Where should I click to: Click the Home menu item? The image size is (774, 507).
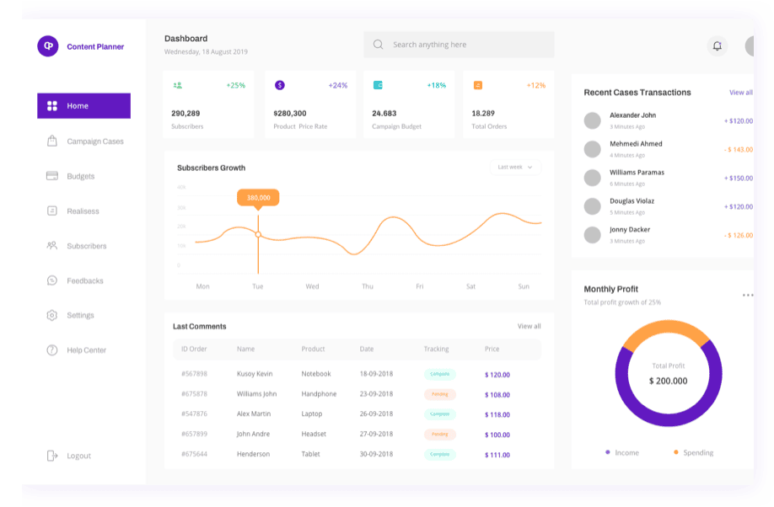83,106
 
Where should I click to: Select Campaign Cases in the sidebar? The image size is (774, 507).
94,141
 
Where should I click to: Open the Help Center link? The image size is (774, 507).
86,350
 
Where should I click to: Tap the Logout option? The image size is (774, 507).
78,456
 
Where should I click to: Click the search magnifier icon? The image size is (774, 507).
378,45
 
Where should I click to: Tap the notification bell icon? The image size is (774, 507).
717,46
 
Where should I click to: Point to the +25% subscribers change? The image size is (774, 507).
235,85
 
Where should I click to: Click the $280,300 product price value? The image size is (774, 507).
290,113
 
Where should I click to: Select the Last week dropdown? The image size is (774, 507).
515,167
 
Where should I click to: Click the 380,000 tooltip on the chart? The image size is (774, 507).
258,197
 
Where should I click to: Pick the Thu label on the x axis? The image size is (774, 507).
368,286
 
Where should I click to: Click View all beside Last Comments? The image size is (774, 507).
529,326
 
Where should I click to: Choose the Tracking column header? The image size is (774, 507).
436,349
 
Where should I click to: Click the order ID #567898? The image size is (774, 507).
194,374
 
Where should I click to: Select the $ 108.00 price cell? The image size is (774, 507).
497,394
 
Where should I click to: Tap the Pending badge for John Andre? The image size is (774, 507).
439,435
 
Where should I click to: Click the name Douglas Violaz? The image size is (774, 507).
632,201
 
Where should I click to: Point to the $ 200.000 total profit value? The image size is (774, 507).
668,381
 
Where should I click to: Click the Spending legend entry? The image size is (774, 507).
697,452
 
